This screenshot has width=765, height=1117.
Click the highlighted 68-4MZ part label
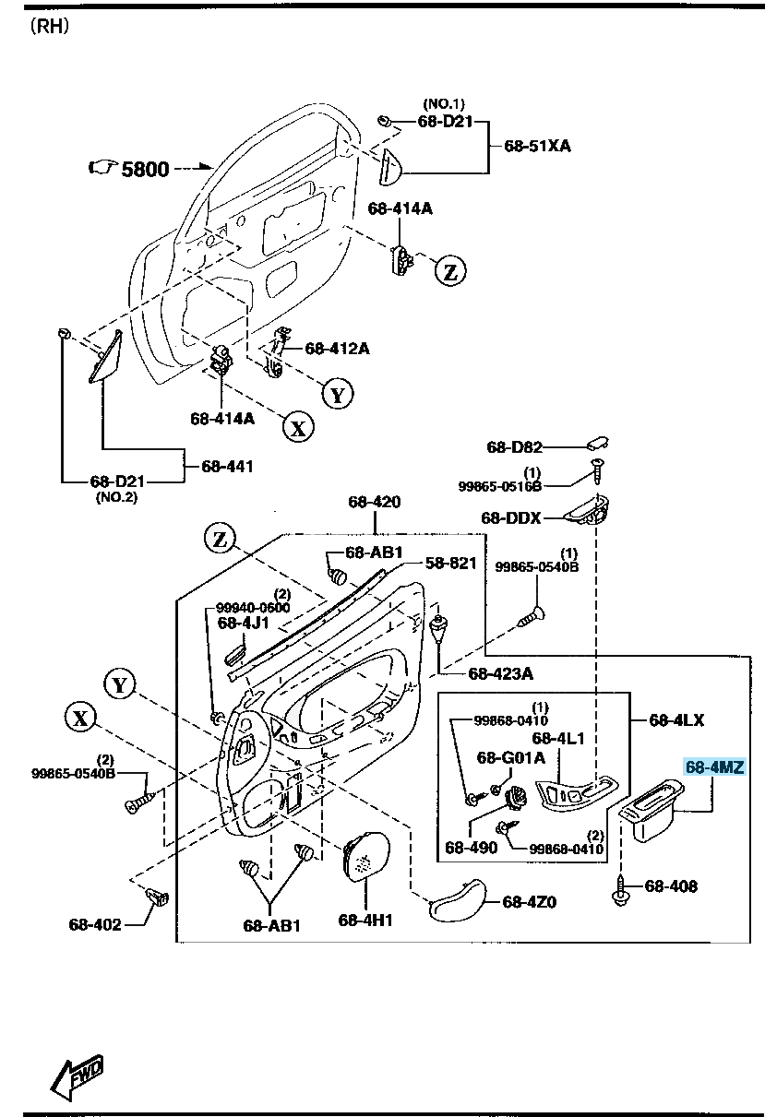[x=714, y=766]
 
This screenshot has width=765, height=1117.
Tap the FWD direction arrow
[x=77, y=1075]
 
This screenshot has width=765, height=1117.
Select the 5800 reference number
[x=145, y=169]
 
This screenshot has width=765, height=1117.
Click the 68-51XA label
[x=537, y=146]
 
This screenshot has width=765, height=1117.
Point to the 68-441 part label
[x=227, y=467]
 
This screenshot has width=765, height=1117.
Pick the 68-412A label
[x=337, y=348]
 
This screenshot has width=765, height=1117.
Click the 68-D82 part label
[x=514, y=447]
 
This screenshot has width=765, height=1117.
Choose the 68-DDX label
[x=510, y=518]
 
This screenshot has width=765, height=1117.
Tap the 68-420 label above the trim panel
[x=374, y=502]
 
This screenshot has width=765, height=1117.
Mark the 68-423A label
[x=500, y=674]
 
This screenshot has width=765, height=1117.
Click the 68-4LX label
[x=676, y=719]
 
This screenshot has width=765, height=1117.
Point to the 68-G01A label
[x=511, y=757]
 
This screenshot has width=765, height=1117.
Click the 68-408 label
[x=671, y=886]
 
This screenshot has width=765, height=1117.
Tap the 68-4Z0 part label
[x=530, y=902]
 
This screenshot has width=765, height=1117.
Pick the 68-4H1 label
[x=365, y=920]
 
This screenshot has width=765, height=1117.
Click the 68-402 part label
[x=94, y=923]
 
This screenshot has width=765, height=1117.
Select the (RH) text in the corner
[x=50, y=26]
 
